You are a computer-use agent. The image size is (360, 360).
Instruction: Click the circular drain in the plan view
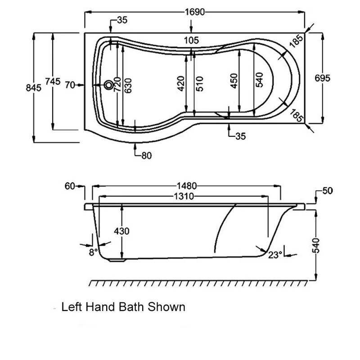pyautogui.click(x=108, y=85)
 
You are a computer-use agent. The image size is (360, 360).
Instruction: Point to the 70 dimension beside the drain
pyautogui.click(x=69, y=85)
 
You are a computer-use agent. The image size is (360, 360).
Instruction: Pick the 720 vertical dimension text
pyautogui.click(x=116, y=84)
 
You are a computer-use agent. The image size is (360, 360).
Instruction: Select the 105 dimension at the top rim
pyautogui.click(x=191, y=40)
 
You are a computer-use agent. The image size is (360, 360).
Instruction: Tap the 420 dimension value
pyautogui.click(x=181, y=84)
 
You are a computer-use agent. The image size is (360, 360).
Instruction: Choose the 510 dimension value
pyautogui.click(x=200, y=84)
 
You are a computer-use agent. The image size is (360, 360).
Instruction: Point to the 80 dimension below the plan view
pyautogui.click(x=146, y=156)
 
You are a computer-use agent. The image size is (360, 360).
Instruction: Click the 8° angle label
pyautogui.click(x=93, y=252)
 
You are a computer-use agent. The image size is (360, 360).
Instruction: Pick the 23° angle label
pyautogui.click(x=275, y=255)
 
